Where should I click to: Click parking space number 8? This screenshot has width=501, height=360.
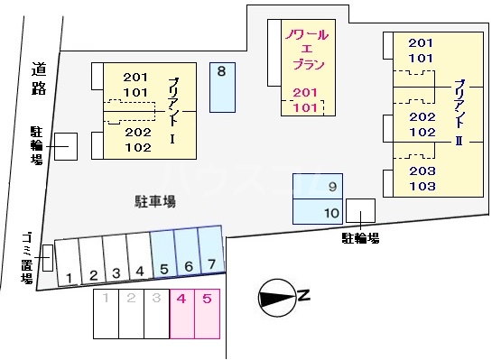point(221,87)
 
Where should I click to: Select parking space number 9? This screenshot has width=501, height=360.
point(317,187)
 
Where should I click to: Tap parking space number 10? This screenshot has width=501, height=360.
point(317,212)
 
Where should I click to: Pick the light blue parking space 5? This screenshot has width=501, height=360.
point(162,255)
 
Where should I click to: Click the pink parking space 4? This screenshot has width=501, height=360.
point(181,312)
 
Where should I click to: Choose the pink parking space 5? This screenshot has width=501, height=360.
point(207,312)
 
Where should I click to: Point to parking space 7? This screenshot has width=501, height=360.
point(211,253)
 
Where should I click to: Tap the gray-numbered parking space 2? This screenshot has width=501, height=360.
point(131,312)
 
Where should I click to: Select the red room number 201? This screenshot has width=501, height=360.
point(306,92)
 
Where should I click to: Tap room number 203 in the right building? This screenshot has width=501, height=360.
point(422,171)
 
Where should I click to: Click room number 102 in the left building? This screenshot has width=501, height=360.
point(137,147)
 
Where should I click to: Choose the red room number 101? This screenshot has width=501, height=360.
point(306,107)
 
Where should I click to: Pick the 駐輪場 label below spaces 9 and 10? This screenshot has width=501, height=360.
point(359,238)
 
